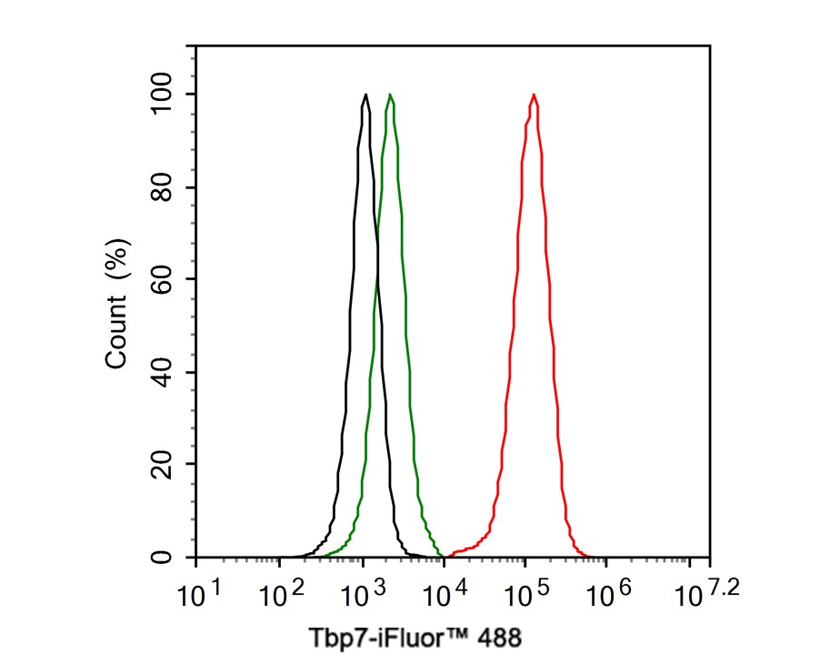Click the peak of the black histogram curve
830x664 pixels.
365,95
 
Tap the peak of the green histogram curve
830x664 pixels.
390,95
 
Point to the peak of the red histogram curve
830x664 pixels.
534,95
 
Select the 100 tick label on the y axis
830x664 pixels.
163,95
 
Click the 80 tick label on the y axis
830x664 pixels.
163,187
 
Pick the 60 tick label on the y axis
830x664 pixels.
163,279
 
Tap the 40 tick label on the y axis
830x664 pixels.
163,372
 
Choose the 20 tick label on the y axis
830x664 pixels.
163,465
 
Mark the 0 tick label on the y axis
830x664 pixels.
163,557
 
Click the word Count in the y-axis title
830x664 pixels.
116,337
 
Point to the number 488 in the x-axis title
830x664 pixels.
503,638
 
